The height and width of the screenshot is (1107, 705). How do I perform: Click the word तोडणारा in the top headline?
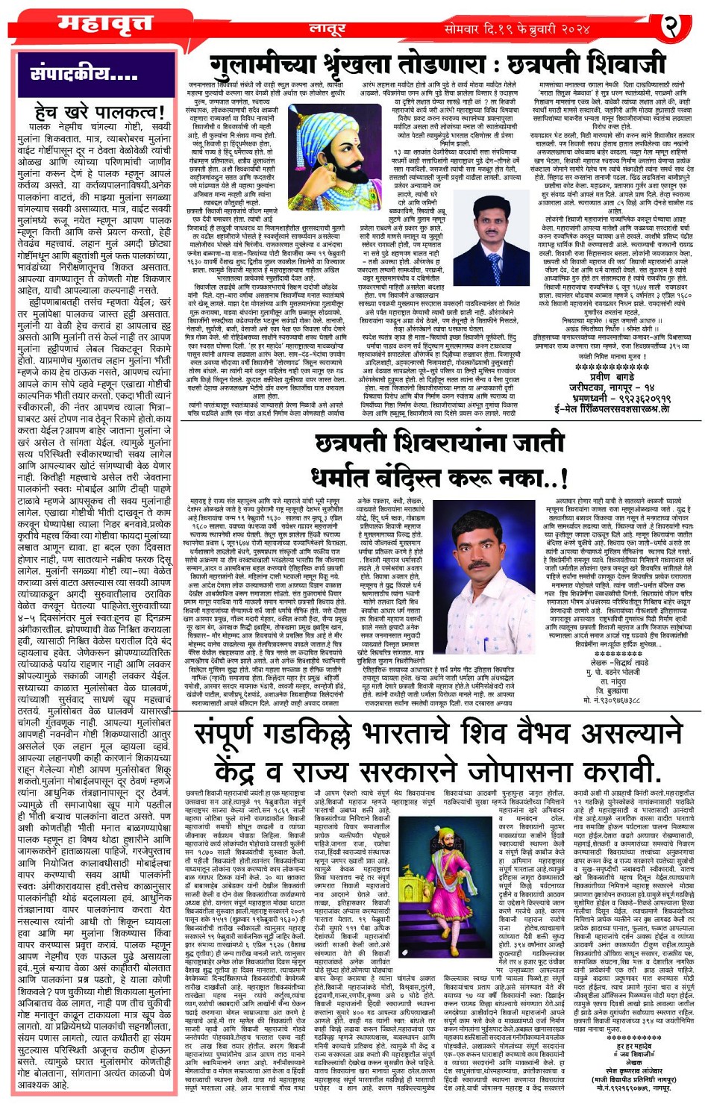(x=448, y=64)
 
